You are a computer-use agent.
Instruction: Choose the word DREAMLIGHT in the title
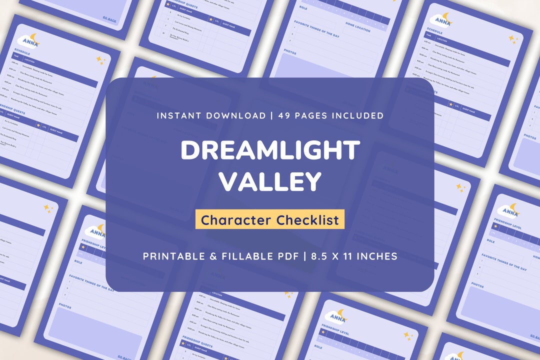[270, 149]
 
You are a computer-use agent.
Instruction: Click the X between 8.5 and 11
[338, 256]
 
